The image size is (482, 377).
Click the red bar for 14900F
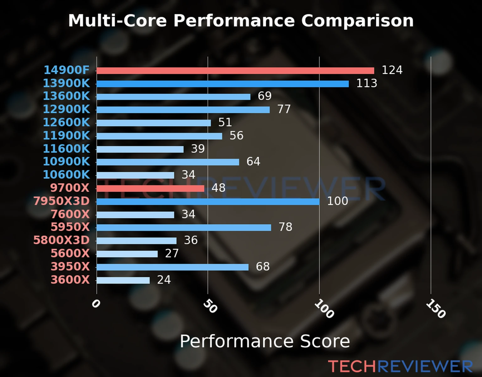(235, 71)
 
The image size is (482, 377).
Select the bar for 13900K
(222, 84)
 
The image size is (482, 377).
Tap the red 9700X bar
(150, 188)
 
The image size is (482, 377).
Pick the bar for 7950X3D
(208, 202)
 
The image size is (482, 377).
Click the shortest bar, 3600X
(123, 280)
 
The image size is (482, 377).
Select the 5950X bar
(184, 227)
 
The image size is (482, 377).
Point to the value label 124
(392, 70)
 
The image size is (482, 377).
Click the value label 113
(367, 83)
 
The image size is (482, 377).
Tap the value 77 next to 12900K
(284, 109)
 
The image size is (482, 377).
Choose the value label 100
(337, 201)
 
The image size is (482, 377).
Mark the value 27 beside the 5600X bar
(172, 254)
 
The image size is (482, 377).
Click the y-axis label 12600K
(66, 123)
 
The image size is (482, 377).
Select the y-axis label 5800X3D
(62, 240)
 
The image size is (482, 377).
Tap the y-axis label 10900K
(66, 161)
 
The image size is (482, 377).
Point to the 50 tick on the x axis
(210, 306)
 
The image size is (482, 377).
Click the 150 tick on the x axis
(436, 309)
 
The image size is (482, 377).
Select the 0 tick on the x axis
(96, 304)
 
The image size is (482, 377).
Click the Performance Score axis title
(265, 341)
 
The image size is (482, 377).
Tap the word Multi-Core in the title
(117, 21)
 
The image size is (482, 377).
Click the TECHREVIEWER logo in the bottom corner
(400, 367)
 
